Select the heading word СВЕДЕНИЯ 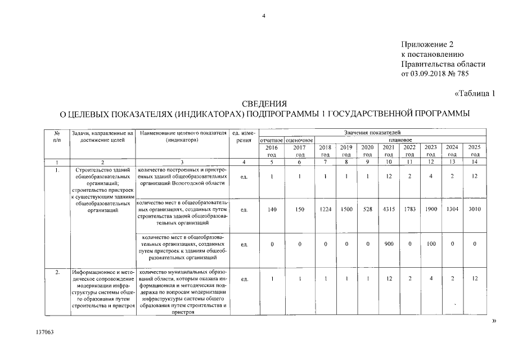[264, 104]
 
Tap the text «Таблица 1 [474, 93]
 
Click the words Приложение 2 [427, 44]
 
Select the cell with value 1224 [325, 210]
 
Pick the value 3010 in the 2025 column [475, 210]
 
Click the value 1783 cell [409, 210]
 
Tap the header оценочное [299, 139]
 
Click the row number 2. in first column [57, 272]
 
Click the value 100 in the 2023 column [431, 244]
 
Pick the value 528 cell [367, 210]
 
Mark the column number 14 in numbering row [475, 162]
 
